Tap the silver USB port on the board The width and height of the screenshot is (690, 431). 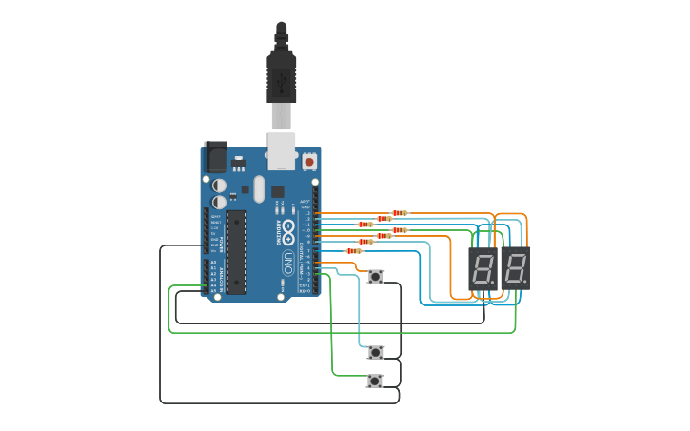pyautogui.click(x=282, y=150)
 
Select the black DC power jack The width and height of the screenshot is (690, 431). pyautogui.click(x=216, y=156)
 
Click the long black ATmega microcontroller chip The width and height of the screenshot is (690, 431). pyautogui.click(x=235, y=252)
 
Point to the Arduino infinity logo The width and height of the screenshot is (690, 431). pyautogui.click(x=288, y=229)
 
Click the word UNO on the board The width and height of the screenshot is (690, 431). pyautogui.click(x=288, y=261)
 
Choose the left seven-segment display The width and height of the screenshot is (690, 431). pyautogui.click(x=483, y=269)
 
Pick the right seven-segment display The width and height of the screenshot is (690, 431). pyautogui.click(x=515, y=269)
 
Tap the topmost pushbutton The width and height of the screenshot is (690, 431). pyautogui.click(x=376, y=277)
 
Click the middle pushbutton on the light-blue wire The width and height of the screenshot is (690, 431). pyautogui.click(x=376, y=352)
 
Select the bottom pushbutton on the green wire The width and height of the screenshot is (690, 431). pyautogui.click(x=375, y=381)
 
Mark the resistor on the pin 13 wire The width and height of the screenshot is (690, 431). pyautogui.click(x=400, y=213)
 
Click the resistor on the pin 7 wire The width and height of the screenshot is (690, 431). pyautogui.click(x=354, y=251)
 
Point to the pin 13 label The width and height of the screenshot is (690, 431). pyautogui.click(x=306, y=213)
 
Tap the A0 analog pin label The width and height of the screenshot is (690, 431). pyautogui.click(x=213, y=262)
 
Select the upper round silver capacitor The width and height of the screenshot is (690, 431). pyautogui.click(x=219, y=185)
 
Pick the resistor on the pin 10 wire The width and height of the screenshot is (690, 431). pyautogui.click(x=400, y=229)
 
